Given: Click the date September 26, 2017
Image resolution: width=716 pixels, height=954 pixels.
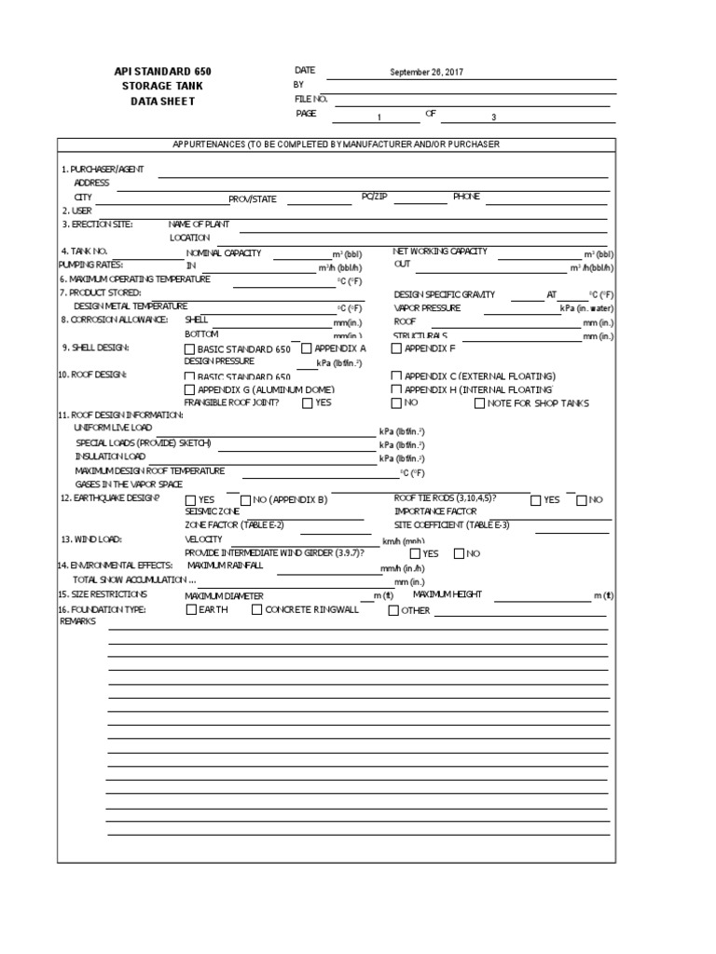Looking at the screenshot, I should [426, 73].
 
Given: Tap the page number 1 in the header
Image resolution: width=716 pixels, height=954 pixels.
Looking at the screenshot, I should [379, 117].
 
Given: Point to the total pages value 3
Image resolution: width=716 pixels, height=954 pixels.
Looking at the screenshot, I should [494, 117].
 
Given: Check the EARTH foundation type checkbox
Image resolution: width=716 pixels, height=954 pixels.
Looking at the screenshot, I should [191, 610].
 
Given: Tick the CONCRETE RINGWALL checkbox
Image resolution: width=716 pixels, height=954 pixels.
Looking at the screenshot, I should [256, 610].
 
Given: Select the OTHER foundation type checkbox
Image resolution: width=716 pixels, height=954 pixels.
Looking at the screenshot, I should [392, 611].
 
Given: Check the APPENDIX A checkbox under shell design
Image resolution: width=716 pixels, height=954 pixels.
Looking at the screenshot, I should [307, 348].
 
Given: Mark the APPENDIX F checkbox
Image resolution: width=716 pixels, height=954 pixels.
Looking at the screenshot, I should [396, 348].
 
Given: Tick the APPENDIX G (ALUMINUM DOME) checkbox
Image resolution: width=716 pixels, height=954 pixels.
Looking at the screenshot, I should [190, 389].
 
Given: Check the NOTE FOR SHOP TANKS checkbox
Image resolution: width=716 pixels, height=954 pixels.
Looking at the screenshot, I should [480, 403].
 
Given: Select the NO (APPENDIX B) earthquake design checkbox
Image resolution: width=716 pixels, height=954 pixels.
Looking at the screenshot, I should [246, 500].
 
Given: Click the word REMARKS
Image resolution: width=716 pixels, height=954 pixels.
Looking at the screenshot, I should [78, 621].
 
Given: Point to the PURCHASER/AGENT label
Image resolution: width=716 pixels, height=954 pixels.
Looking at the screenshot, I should [102, 170].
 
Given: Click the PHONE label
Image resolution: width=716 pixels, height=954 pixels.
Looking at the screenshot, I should [466, 197].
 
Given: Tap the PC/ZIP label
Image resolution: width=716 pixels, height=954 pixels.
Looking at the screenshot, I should [374, 197].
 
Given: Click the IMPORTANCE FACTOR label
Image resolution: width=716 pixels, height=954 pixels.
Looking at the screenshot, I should [434, 511].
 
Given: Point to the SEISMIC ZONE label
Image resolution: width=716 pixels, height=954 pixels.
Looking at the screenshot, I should [213, 511].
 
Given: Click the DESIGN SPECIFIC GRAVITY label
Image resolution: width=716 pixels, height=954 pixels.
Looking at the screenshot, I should [444, 294].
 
